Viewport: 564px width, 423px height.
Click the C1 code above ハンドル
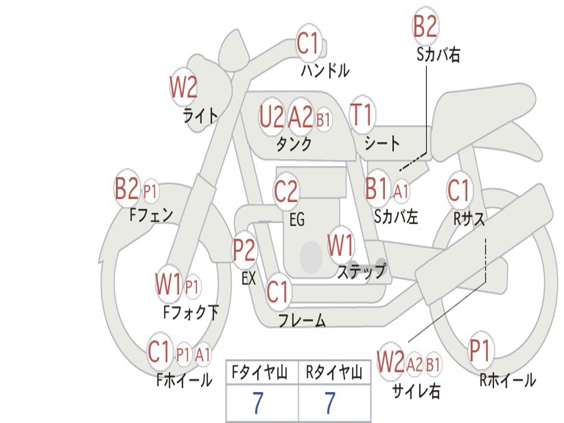click(x=308, y=44)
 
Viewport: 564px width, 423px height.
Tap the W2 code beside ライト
click(x=183, y=87)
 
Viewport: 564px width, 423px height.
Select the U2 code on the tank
click(x=272, y=117)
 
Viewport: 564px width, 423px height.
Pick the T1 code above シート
click(x=362, y=116)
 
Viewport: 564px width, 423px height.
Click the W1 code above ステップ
click(x=341, y=245)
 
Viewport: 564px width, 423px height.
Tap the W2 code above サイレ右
click(x=391, y=362)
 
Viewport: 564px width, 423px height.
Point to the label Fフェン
click(x=151, y=214)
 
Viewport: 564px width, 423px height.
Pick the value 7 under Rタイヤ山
click(x=329, y=403)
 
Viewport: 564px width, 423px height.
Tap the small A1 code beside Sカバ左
click(x=401, y=191)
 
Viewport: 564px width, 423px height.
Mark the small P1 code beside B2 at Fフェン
click(x=150, y=192)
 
